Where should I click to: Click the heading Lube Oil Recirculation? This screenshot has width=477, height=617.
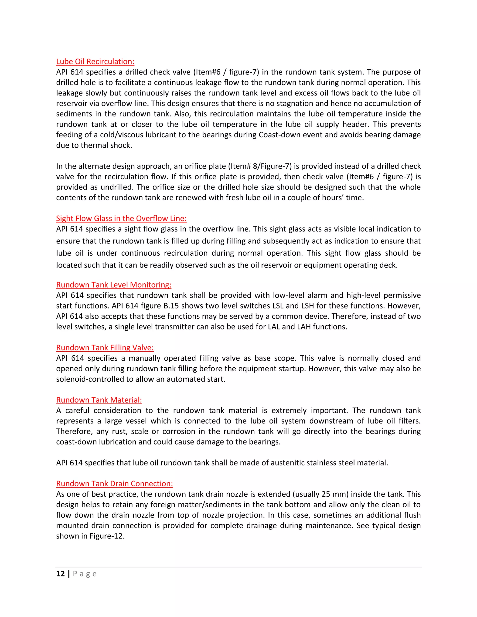tap(95, 62)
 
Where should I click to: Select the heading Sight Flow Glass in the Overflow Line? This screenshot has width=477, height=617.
tap(121, 218)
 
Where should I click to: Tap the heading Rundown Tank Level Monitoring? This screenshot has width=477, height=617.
tap(114, 285)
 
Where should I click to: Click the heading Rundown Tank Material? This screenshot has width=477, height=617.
tap(99, 400)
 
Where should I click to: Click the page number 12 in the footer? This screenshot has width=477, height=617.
tap(61, 574)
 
